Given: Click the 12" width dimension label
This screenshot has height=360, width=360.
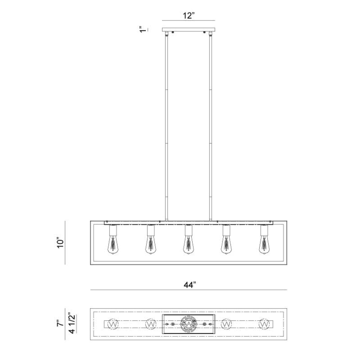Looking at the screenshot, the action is tap(189, 16).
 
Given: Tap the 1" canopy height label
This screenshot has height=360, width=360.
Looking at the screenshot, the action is tap(143, 30).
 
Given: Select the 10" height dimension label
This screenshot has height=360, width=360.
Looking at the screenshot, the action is tap(60, 243).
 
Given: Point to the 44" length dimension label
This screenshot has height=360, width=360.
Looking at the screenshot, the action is tap(190, 285).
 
